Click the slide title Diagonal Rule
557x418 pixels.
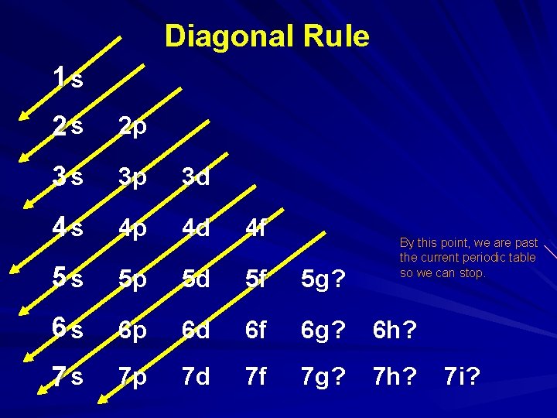click(x=267, y=36)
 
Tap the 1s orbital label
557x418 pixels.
click(x=69, y=78)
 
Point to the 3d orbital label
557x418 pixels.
click(x=196, y=177)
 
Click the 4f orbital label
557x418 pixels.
click(x=255, y=228)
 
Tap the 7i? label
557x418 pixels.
click(x=462, y=377)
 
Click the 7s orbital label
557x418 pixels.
click(x=69, y=377)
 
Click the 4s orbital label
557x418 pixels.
click(x=69, y=228)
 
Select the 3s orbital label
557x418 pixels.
click(x=69, y=177)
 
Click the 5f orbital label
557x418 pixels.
click(x=255, y=278)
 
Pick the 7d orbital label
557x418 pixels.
click(x=196, y=377)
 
